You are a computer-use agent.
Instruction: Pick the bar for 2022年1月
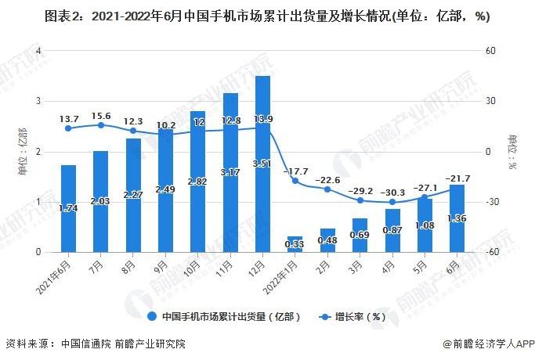(x=295, y=244)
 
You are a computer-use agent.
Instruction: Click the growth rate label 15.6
(x=100, y=115)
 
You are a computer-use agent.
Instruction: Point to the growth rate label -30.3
(x=392, y=193)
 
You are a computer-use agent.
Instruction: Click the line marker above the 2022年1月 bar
(x=295, y=181)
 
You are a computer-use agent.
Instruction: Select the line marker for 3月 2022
(x=360, y=200)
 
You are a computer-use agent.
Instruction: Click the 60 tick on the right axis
(x=491, y=52)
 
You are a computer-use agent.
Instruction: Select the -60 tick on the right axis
(x=491, y=253)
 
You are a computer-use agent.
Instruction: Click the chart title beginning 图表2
(x=266, y=17)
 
